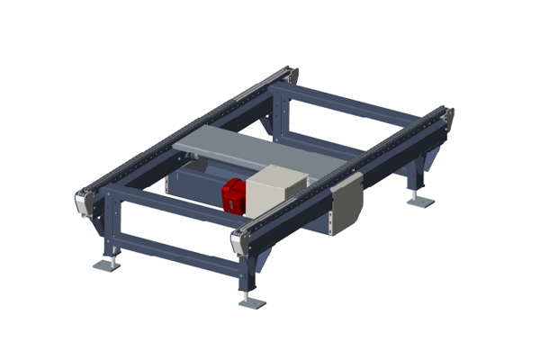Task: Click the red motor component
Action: click(x=234, y=194)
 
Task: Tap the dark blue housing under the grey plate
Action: click(x=193, y=180)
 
